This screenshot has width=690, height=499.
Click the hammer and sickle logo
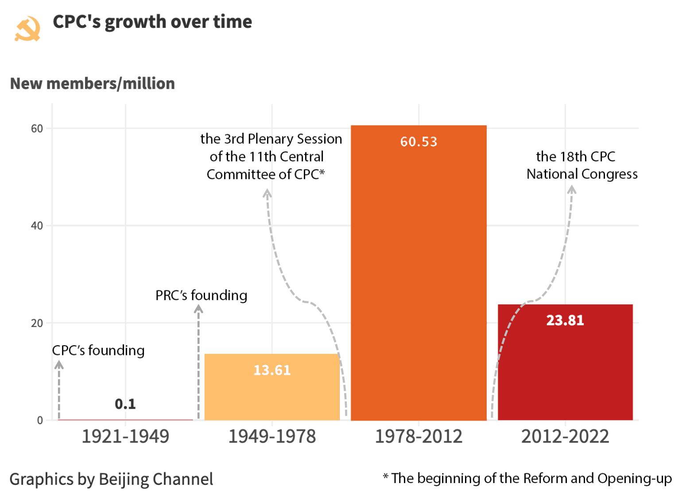tap(27, 29)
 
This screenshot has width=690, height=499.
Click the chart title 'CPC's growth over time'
tap(152, 22)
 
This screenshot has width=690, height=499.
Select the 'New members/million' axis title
tap(93, 83)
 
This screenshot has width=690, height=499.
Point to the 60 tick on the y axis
tap(37, 129)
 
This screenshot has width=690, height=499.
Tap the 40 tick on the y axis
tap(37, 226)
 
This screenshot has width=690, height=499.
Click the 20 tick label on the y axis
tap(37, 323)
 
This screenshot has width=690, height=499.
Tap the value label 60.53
tap(419, 142)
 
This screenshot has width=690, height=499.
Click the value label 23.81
tap(565, 320)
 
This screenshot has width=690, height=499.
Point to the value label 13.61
tap(272, 370)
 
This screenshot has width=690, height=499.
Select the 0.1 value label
tap(125, 404)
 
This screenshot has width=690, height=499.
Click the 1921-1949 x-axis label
tap(125, 437)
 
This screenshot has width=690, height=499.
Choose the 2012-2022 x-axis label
tap(565, 437)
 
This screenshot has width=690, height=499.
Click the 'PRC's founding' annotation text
tap(201, 295)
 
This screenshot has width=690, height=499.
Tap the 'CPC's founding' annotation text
tap(98, 351)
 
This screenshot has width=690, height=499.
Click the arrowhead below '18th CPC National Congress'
tap(572, 190)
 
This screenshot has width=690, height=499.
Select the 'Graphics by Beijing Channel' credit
tap(111, 479)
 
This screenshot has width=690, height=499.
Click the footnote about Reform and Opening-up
tap(527, 478)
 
